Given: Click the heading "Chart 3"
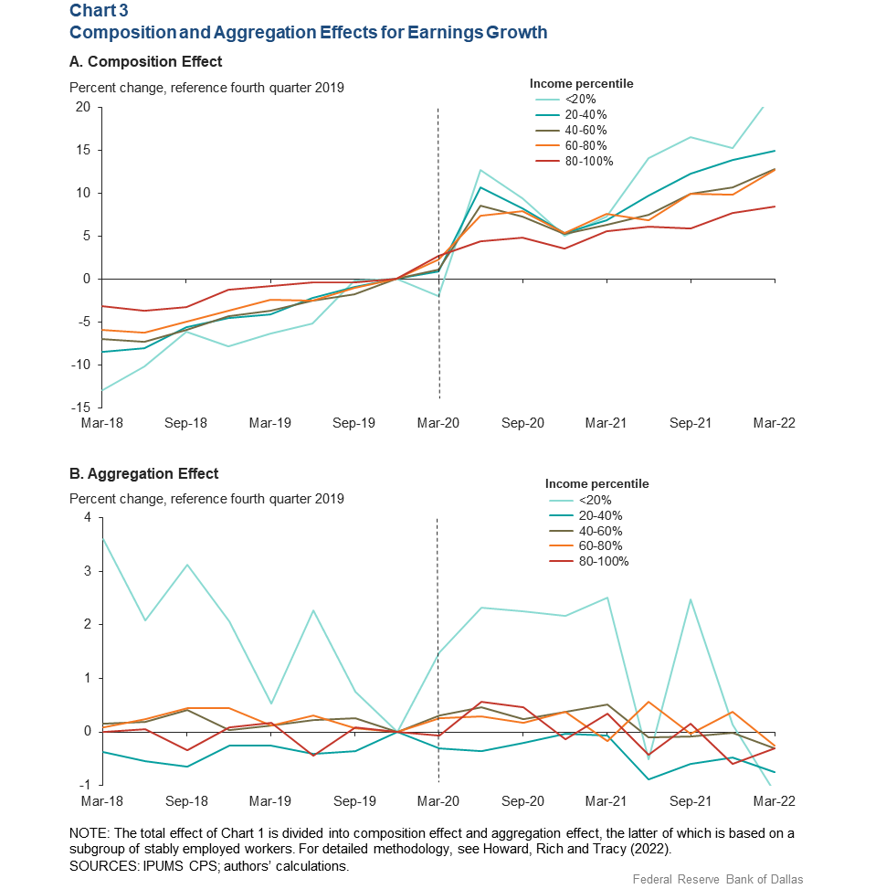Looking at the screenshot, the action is click(99, 10).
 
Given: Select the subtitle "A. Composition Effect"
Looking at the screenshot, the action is click(145, 61).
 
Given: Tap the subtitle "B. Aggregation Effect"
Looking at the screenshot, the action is click(143, 473).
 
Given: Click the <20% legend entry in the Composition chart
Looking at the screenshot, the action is click(565, 100).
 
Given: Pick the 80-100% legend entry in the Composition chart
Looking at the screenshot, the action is click(575, 161).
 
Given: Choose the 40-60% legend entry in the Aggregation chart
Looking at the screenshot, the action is click(585, 531).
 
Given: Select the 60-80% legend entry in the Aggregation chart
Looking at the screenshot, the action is click(585, 546).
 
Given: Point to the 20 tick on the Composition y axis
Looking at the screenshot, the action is click(83, 107).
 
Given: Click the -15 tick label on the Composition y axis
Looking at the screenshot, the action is click(80, 407).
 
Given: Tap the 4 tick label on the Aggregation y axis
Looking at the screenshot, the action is click(88, 517).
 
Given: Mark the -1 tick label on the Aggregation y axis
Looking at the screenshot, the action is click(84, 785).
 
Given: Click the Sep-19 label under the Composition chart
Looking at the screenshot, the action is click(353, 423).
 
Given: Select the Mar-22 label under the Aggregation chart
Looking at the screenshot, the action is click(774, 801).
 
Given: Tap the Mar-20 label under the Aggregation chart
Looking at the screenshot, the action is click(438, 801).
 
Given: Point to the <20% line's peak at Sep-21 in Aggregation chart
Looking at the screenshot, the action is click(691, 599).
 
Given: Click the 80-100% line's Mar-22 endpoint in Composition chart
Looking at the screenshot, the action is click(775, 206).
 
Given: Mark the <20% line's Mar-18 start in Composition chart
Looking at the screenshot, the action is click(102, 390).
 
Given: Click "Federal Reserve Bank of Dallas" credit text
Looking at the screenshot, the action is click(718, 879).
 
